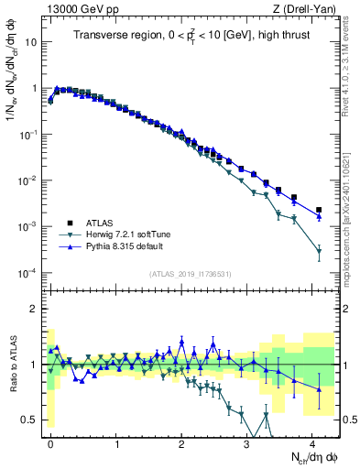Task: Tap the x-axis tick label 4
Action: tap(312, 442)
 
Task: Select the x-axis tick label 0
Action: tap(51, 442)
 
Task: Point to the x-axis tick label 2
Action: tap(182, 442)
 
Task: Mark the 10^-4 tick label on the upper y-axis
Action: tap(28, 273)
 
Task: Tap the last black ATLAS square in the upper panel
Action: tap(319, 210)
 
